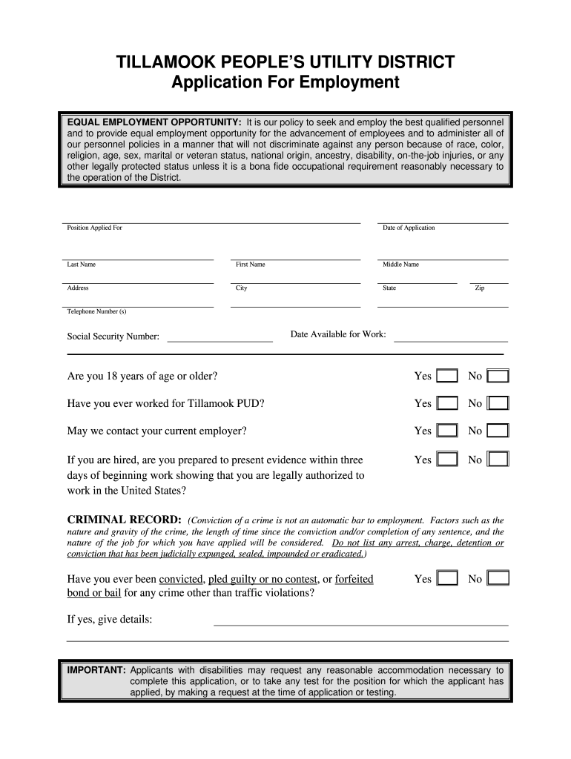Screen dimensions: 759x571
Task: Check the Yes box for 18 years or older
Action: [447, 376]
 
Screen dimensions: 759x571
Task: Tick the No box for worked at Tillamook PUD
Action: [498, 403]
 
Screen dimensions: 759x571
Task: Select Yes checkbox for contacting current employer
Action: [447, 431]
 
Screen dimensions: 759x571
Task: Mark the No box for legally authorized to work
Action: [498, 460]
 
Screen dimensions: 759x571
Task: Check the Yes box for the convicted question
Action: [447, 579]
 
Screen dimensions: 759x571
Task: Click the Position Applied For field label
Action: [94, 228]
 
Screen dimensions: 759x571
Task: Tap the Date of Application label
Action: [409, 228]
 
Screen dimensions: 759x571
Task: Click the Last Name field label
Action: [81, 265]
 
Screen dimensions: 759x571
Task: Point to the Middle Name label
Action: [400, 265]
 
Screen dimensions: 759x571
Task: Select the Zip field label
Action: [479, 288]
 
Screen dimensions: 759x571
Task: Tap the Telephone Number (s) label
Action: [96, 311]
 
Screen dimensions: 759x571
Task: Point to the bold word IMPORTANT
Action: [96, 670]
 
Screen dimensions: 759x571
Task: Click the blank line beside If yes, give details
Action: [360, 623]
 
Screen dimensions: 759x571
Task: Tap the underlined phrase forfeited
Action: [354, 579]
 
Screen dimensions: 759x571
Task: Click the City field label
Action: [242, 288]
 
